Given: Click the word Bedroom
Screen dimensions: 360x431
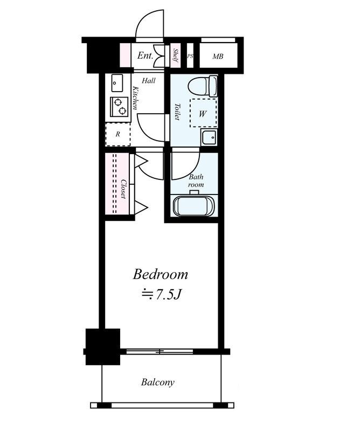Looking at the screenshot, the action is (161, 275).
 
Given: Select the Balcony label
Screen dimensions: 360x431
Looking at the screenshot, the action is (157, 382).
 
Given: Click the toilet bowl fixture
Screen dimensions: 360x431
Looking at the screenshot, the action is (203, 86).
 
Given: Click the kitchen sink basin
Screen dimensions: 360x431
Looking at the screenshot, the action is (117, 83).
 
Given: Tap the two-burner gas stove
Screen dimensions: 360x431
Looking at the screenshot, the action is (119, 107).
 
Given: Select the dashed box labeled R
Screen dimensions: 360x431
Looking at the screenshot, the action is (117, 134).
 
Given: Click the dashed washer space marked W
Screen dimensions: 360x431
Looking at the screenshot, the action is (203, 113).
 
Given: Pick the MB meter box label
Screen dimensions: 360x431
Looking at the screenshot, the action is (218, 57).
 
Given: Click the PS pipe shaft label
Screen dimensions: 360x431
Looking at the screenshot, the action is (190, 56).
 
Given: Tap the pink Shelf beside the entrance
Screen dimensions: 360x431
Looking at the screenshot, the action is (175, 55).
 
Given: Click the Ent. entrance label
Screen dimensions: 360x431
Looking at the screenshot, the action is (145, 55).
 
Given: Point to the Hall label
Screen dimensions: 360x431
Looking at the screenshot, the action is (149, 80).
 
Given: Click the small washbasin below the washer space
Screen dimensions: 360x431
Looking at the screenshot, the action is (209, 137).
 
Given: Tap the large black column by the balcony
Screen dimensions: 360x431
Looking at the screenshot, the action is (103, 346).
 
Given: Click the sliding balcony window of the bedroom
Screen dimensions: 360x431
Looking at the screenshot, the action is (160, 351).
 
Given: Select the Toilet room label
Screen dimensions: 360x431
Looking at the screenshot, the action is (177, 112).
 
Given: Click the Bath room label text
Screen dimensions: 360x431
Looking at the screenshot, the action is (196, 180).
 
